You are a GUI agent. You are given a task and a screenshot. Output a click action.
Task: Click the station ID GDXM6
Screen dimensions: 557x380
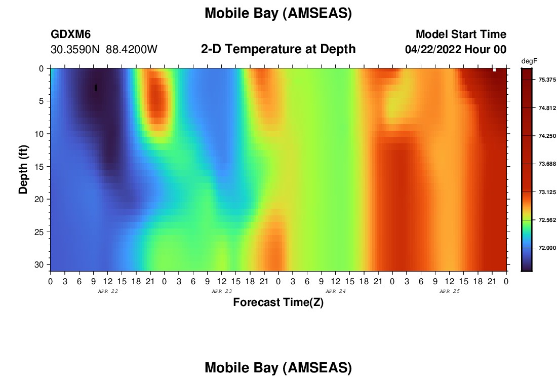(x=71, y=34)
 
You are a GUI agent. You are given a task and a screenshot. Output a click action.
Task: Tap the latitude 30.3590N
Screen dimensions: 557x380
(x=75, y=50)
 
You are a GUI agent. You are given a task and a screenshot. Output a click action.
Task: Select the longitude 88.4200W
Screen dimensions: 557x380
(x=132, y=50)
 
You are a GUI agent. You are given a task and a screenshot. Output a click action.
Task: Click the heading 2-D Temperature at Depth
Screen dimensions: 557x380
(x=278, y=49)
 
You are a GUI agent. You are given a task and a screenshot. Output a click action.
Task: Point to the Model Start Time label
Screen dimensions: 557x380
(x=461, y=34)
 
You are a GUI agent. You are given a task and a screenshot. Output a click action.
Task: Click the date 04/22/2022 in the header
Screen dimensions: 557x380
(x=433, y=50)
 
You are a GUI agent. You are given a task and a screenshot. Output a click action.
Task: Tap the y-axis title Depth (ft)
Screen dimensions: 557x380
(x=23, y=169)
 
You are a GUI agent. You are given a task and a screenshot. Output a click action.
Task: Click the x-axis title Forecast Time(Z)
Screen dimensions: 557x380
(x=278, y=302)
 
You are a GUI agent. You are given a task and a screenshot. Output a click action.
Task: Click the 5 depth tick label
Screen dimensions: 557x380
(x=42, y=101)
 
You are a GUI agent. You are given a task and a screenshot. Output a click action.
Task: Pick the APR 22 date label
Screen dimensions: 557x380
(x=108, y=291)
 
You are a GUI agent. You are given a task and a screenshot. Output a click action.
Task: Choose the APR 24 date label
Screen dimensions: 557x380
(x=336, y=291)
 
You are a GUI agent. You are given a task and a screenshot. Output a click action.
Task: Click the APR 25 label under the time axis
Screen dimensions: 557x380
(x=449, y=291)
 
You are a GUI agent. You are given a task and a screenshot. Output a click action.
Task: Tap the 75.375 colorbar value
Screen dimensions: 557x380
(x=547, y=80)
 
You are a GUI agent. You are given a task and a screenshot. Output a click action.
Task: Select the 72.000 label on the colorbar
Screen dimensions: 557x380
(x=547, y=248)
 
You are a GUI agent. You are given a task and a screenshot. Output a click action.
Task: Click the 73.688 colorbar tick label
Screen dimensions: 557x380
(x=547, y=164)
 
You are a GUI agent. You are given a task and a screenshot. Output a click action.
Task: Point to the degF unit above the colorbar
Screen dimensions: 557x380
(x=529, y=61)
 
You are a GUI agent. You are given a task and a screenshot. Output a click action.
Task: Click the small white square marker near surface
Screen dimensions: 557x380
(x=494, y=70)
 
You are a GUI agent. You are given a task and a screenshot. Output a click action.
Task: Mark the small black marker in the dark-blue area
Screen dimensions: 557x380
(x=96, y=88)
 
